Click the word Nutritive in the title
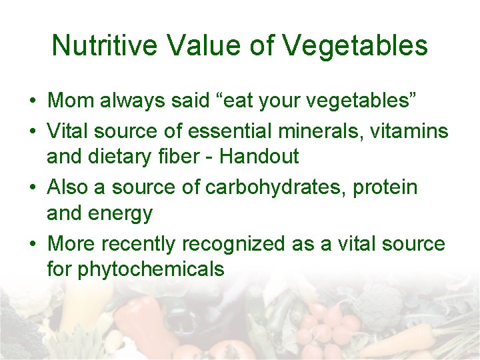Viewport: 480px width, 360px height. click(x=105, y=46)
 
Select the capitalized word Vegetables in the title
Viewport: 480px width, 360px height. click(x=355, y=46)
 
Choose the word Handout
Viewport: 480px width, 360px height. click(x=259, y=157)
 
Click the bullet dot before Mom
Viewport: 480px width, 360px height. click(x=32, y=102)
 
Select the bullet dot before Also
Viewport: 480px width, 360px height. click(x=32, y=187)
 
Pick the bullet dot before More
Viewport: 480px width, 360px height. click(x=32, y=244)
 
